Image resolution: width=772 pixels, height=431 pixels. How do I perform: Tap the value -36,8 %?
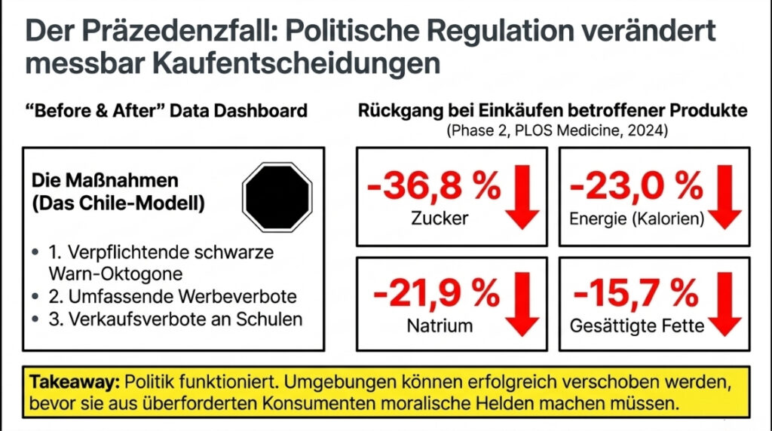click(433, 185)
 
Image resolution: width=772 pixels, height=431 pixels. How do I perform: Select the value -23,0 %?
click(636, 185)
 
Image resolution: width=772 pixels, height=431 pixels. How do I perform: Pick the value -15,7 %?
click(636, 293)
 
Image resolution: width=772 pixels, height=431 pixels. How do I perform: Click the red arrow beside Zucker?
click(521, 198)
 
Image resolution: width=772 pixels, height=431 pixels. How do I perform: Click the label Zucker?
click(440, 219)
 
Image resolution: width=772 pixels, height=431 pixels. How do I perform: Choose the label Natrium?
click(440, 326)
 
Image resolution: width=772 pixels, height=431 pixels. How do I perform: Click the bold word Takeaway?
click(74, 382)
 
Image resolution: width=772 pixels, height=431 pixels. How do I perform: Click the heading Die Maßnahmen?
click(105, 182)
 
